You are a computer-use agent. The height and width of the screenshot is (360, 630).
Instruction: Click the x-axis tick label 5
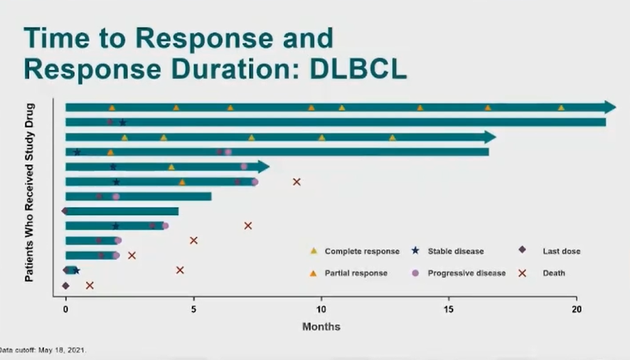click(193, 309)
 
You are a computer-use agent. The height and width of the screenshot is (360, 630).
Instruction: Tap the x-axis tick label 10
click(321, 309)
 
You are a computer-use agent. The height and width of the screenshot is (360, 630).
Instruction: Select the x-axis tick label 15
click(449, 309)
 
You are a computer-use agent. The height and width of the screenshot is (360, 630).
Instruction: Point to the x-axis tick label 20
click(577, 309)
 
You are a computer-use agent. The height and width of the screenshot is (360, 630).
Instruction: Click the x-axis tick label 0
click(65, 309)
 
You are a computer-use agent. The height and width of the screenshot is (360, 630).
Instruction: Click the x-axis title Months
click(321, 327)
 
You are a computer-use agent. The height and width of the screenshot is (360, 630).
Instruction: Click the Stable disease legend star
click(415, 250)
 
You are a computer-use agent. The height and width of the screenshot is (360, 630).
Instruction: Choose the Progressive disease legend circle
click(415, 272)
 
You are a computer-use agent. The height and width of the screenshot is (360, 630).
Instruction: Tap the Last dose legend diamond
click(522, 250)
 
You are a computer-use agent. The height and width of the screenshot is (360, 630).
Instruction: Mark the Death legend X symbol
click(522, 272)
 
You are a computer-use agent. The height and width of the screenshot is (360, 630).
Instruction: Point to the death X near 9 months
click(297, 182)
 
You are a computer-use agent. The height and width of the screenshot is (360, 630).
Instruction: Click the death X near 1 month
click(90, 285)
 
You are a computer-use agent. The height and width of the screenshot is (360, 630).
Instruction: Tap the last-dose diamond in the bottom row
click(65, 285)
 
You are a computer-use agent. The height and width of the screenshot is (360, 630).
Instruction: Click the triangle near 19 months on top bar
click(561, 107)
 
